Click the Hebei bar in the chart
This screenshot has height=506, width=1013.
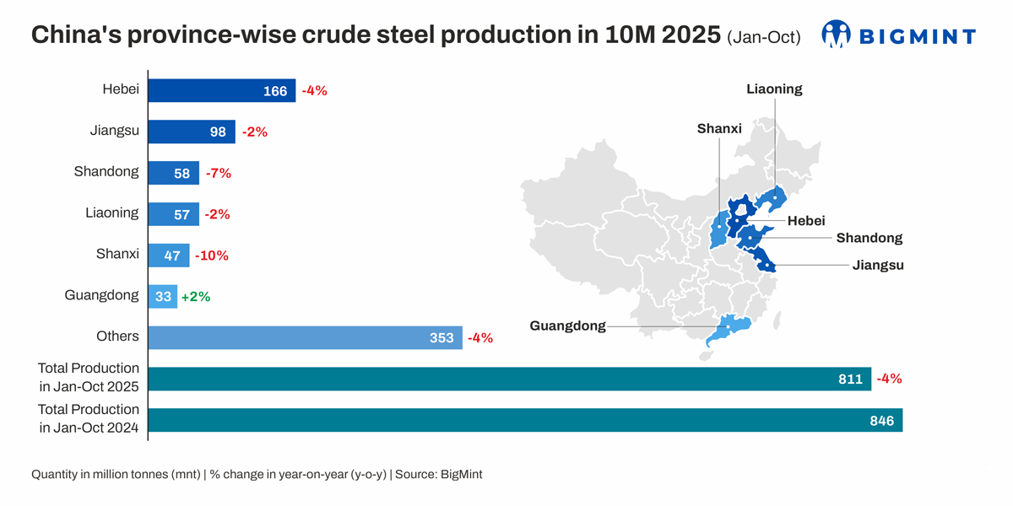click(221, 90)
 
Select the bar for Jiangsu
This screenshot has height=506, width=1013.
click(191, 132)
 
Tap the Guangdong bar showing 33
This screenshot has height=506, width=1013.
click(162, 296)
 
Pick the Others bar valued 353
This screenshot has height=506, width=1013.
click(304, 337)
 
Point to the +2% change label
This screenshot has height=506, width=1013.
click(196, 296)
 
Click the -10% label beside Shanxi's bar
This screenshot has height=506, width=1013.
click(212, 256)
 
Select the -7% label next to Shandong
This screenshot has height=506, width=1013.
click(218, 173)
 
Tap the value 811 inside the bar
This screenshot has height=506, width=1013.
click(850, 379)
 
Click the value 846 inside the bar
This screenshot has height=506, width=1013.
click(881, 420)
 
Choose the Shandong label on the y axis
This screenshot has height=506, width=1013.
click(106, 171)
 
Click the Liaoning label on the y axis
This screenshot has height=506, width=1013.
click(112, 213)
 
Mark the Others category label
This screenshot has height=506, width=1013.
click(117, 336)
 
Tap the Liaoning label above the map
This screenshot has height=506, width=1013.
click(774, 89)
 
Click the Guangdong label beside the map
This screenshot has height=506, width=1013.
click(567, 326)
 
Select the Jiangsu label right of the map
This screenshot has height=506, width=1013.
click(878, 265)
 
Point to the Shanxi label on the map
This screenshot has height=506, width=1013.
click(719, 128)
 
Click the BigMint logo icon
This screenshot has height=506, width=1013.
click(837, 35)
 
